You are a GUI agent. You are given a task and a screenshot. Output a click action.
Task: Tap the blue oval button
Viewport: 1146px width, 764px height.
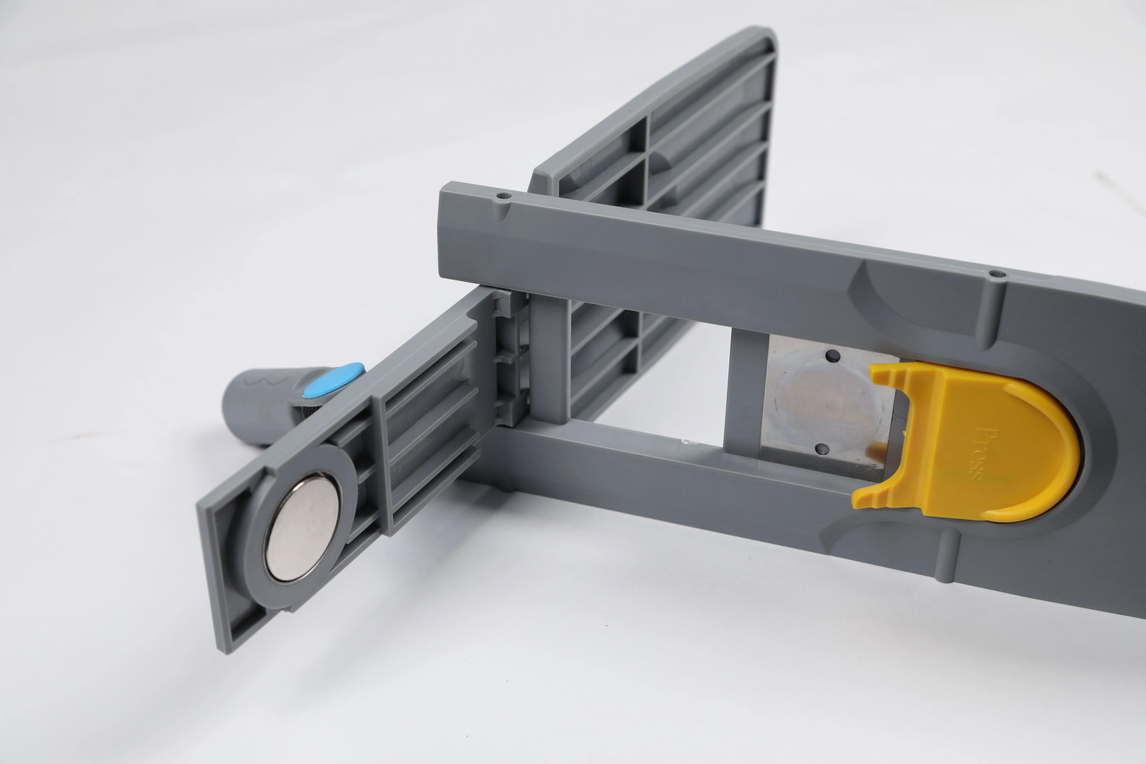pyautogui.click(x=334, y=380)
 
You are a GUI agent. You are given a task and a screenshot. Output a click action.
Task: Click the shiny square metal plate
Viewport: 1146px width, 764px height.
pyautogui.click(x=824, y=404)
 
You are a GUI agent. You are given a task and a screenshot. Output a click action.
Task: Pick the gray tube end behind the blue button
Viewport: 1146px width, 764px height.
pyautogui.click(x=253, y=404)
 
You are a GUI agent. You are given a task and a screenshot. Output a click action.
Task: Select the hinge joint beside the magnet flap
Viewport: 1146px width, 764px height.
pyautogui.click(x=509, y=361)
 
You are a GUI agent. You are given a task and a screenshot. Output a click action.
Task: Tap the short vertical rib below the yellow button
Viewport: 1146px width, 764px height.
pyautogui.click(x=948, y=555)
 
